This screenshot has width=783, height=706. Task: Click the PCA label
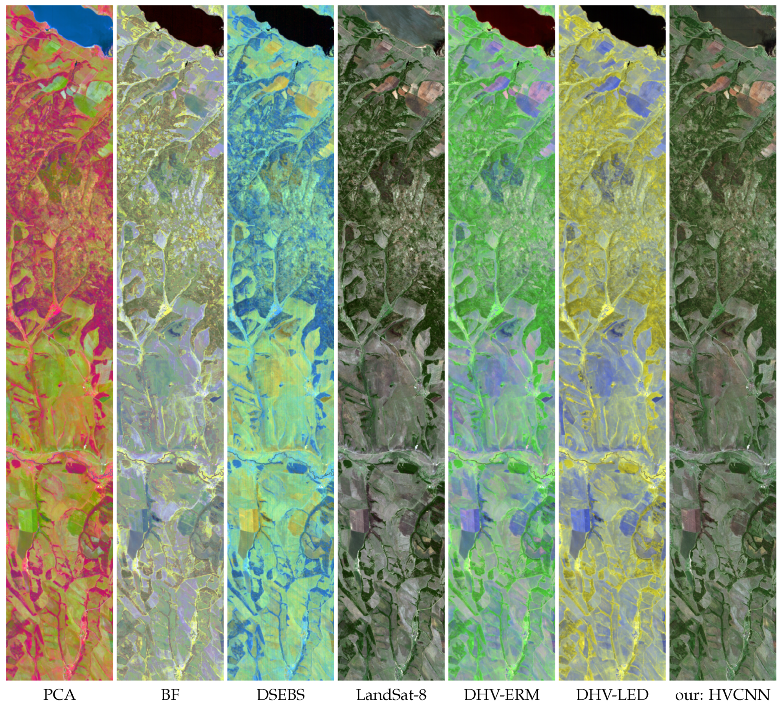coord(59,694)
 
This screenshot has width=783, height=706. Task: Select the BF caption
coord(170,694)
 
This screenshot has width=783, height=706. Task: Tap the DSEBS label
coord(280,694)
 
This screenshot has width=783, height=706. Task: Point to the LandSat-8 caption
coord(391,694)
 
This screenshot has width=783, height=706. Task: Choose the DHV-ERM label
coord(501,694)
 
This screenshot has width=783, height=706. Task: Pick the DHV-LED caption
coord(612,694)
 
